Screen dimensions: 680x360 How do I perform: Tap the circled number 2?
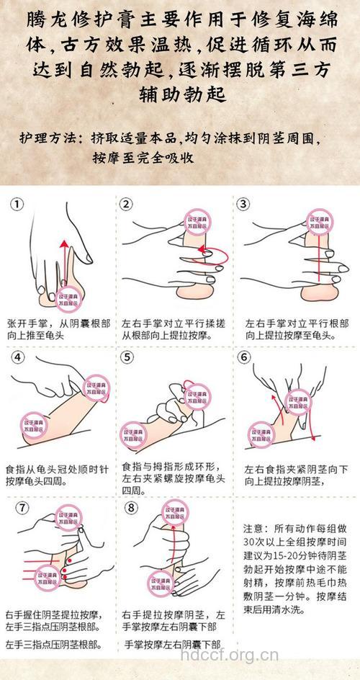[x=127, y=205]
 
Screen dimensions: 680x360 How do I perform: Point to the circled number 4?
[x=18, y=358]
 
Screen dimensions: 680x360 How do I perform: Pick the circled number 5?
[x=127, y=358]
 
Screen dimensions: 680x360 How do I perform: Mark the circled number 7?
[x=22, y=507]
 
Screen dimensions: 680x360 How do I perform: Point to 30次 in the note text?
[x=255, y=541]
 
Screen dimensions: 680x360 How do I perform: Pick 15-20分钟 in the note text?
[x=294, y=555]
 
